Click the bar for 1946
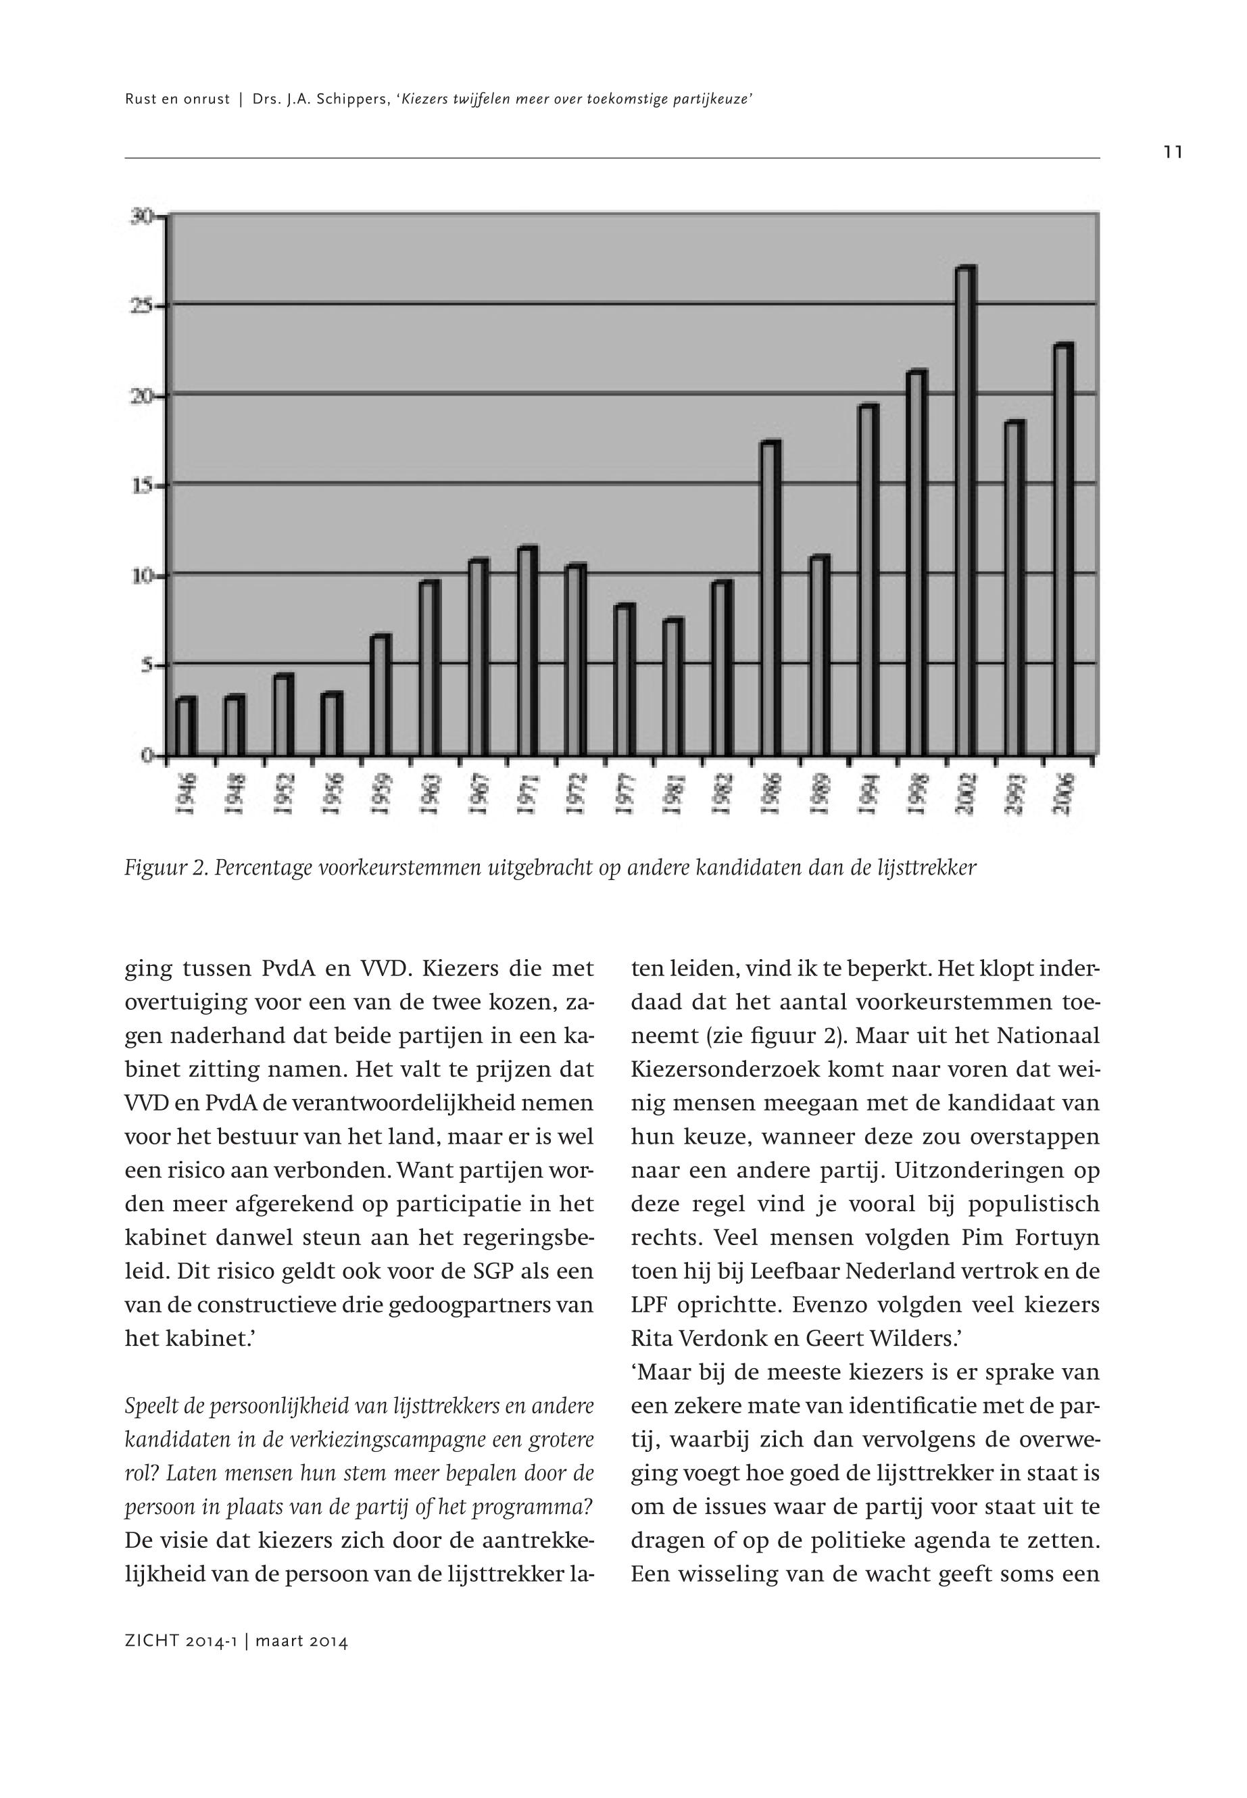186,726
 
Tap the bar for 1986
771,598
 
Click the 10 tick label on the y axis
141,576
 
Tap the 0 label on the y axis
145,756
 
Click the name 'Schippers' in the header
350,99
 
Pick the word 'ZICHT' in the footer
151,1642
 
